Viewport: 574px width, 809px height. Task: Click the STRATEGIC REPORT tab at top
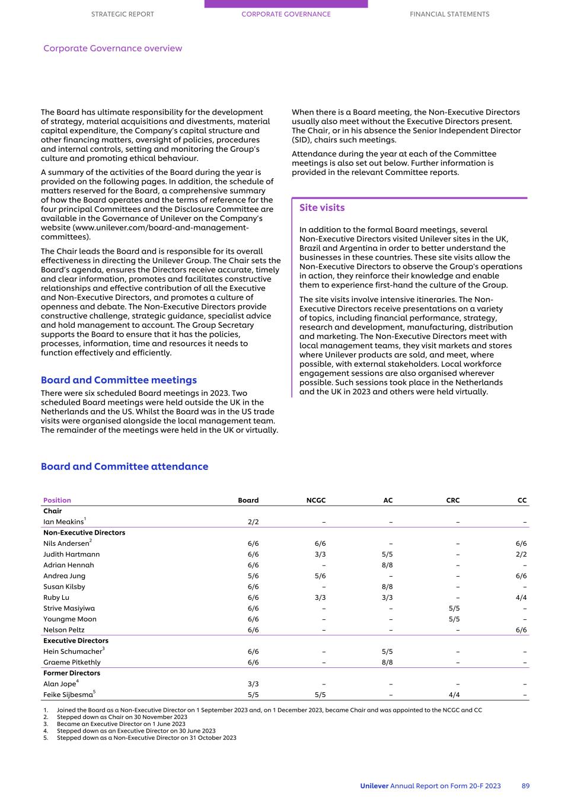[x=122, y=14]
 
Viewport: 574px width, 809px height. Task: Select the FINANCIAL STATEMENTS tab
[x=449, y=14]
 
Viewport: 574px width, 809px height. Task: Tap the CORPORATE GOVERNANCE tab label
[x=286, y=14]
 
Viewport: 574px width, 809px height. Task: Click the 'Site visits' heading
[x=322, y=208]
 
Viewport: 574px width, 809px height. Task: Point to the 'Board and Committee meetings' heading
[x=119, y=380]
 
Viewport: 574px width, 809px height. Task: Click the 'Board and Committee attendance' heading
[x=125, y=466]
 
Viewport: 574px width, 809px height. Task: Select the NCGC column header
[x=316, y=500]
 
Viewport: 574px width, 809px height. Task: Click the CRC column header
[x=452, y=500]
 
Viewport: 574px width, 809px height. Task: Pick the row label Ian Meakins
[x=63, y=522]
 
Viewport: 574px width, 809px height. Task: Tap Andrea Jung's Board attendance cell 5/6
[x=253, y=576]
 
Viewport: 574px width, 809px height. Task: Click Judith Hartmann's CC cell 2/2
[x=521, y=555]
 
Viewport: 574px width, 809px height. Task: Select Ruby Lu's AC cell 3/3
[x=387, y=597]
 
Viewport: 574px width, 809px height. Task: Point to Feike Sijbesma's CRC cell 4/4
[x=454, y=695]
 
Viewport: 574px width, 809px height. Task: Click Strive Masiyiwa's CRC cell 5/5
[x=454, y=608]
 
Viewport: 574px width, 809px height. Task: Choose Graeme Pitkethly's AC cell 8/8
[x=387, y=663]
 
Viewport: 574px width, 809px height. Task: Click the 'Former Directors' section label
[x=72, y=673]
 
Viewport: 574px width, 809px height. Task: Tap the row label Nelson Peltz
[x=64, y=630]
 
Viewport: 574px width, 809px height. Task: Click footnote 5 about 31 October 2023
[x=146, y=738]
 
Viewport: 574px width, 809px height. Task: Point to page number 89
[x=525, y=786]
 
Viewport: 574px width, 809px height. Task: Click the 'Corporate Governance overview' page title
[x=113, y=49]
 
